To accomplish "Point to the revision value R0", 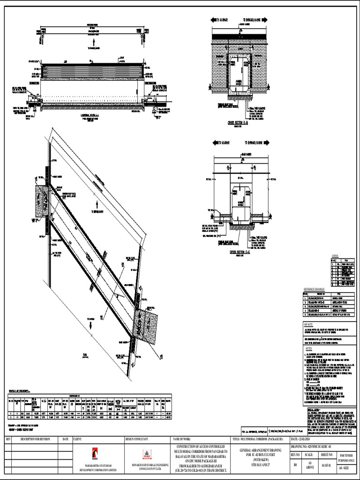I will tap(295, 465).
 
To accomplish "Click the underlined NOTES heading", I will tap(308, 348).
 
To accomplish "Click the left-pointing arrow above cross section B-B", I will tap(216, 20).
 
